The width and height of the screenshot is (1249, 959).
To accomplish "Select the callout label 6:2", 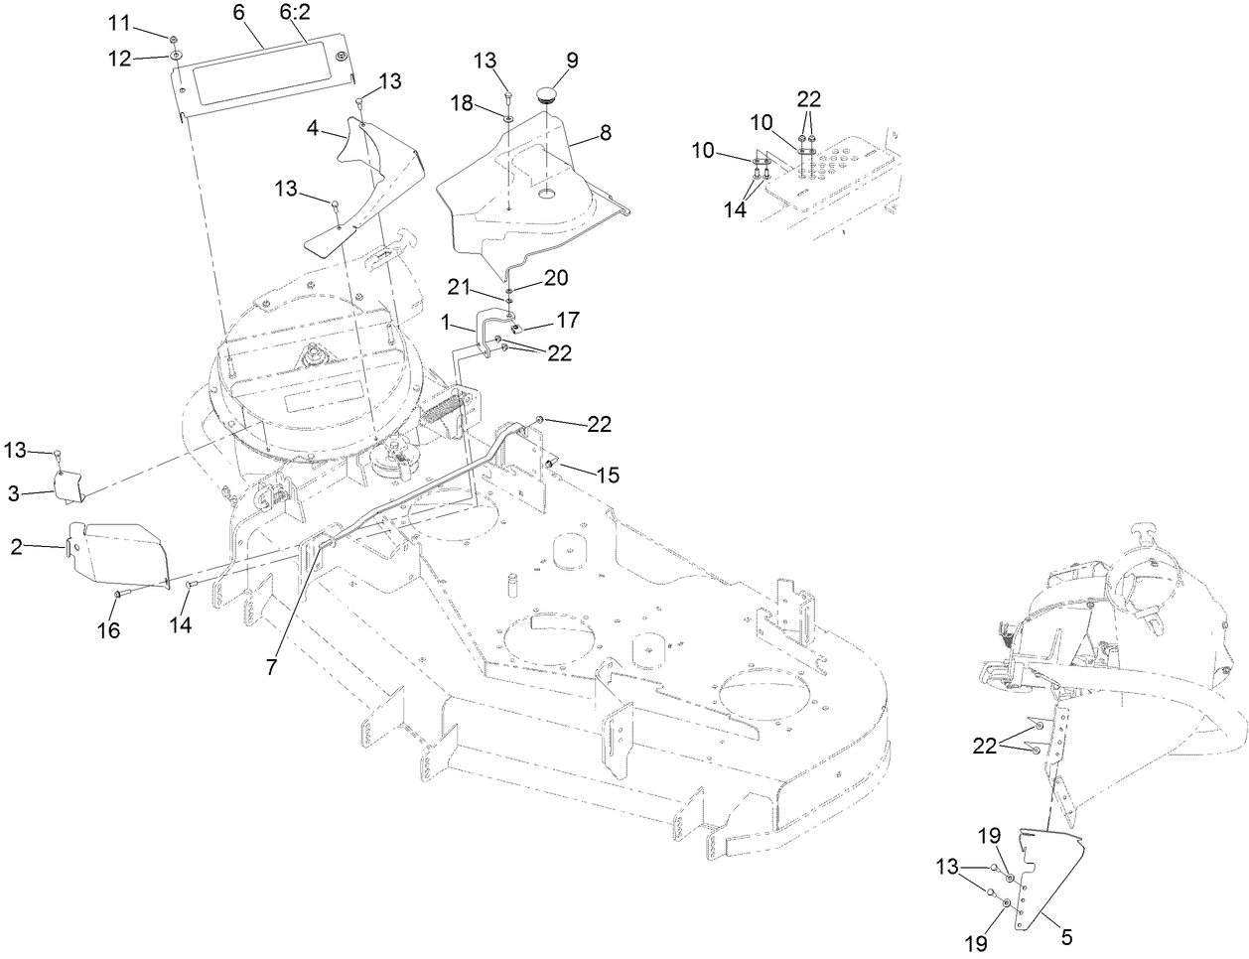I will (x=295, y=13).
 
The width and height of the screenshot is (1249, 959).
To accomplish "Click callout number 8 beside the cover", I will (x=605, y=131).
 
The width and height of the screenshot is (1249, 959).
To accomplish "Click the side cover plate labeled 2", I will (x=119, y=551).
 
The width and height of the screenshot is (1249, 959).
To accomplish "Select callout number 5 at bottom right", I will (x=1068, y=936).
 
